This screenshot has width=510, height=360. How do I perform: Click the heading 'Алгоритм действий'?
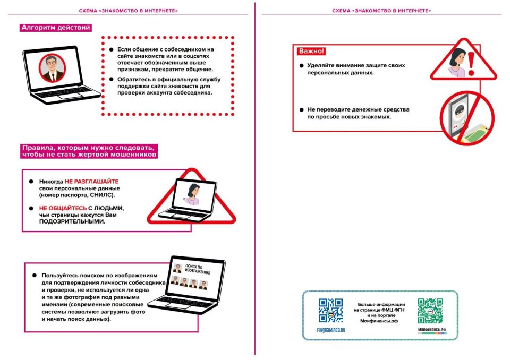(56, 28)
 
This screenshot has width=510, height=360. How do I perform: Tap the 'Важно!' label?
(311, 51)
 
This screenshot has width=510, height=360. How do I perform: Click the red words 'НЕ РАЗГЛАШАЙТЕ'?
(91, 182)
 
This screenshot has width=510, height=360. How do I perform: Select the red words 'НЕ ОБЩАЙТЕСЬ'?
(63, 208)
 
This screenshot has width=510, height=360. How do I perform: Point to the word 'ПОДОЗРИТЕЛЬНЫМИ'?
(72, 221)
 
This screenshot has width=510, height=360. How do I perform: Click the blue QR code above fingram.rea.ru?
(330, 311)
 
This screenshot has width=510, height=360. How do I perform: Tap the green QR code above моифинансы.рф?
(430, 311)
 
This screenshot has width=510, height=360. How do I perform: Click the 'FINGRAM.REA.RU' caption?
(331, 330)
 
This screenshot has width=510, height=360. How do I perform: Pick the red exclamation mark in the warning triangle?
(471, 64)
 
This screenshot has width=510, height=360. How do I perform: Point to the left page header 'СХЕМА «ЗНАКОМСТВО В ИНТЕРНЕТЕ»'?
(129, 11)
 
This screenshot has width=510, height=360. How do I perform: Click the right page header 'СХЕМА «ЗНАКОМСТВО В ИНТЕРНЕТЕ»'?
(381, 11)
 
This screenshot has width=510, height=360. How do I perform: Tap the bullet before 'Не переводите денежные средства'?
(302, 109)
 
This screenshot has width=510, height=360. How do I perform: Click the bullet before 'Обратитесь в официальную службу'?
(111, 79)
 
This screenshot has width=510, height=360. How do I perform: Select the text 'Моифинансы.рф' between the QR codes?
(379, 321)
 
